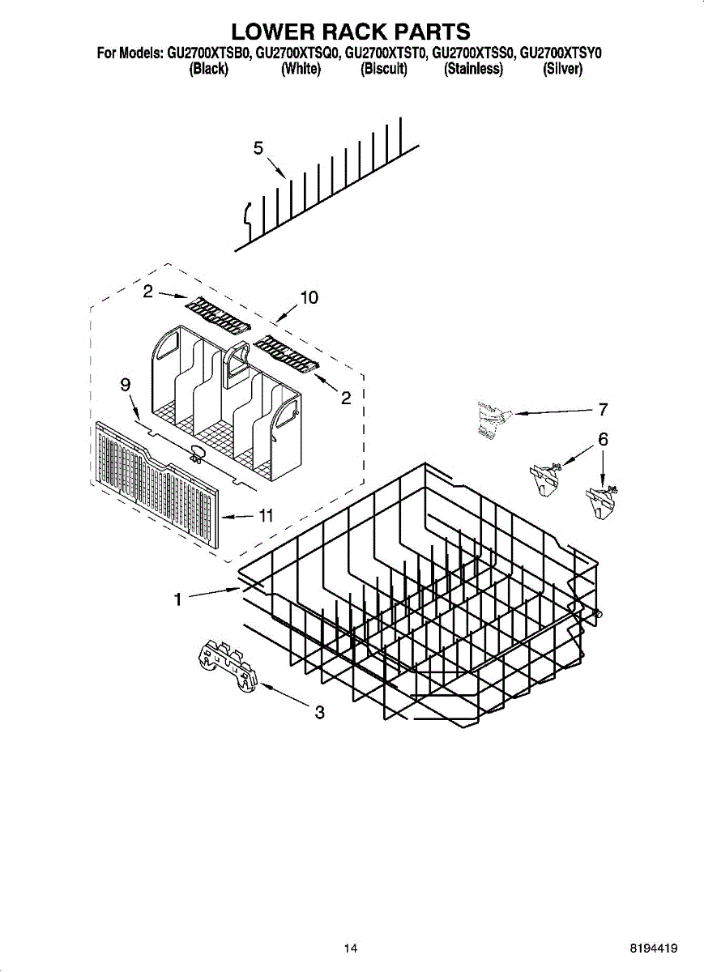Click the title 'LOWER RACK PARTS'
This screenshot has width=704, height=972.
(x=351, y=32)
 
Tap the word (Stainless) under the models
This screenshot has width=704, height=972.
(x=473, y=70)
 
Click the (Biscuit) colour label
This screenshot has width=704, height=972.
(x=383, y=70)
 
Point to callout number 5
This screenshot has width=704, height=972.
(x=258, y=147)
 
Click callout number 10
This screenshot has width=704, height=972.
(x=309, y=298)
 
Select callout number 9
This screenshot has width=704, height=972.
(x=126, y=386)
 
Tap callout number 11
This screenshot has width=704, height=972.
(x=264, y=516)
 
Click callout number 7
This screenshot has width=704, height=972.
(x=602, y=410)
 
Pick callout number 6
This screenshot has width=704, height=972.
(x=602, y=440)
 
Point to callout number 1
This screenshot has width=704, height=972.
(x=176, y=599)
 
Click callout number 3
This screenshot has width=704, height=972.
(x=319, y=713)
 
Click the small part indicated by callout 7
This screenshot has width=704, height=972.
(x=491, y=420)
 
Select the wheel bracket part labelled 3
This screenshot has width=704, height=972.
(x=227, y=665)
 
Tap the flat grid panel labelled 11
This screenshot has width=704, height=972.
(x=154, y=486)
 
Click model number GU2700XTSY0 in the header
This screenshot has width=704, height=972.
(x=561, y=54)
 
